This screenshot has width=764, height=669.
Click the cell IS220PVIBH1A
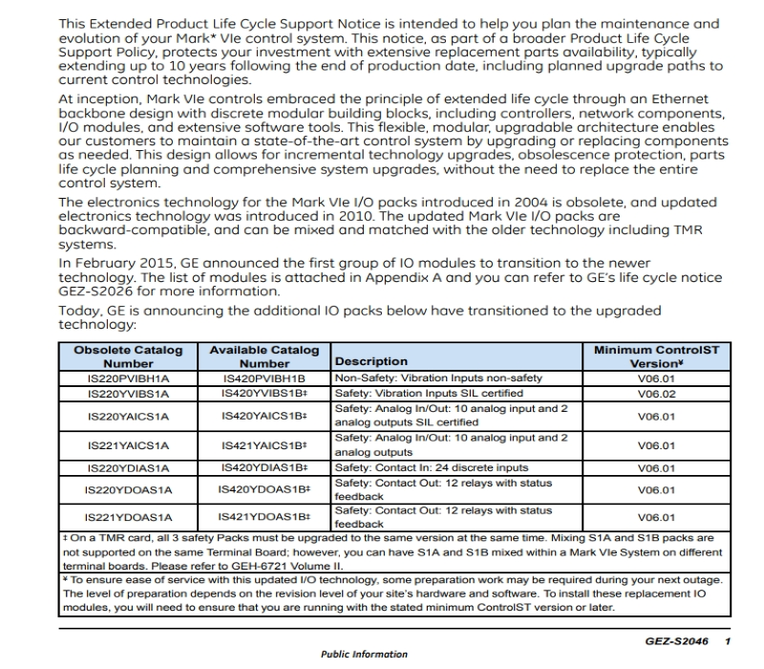coord(129,378)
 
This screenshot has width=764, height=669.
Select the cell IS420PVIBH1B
coord(264,378)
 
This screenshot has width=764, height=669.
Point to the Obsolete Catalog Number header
coord(129,356)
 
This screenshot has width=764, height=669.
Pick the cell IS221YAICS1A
coord(129,445)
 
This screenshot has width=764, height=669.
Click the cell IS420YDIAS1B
coord(264,468)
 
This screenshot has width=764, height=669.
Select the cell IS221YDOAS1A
coord(129,517)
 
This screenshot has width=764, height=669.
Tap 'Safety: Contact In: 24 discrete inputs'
coord(433,468)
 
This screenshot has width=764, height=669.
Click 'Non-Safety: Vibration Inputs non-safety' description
coord(437,378)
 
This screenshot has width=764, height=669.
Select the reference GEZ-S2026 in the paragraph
coord(98,292)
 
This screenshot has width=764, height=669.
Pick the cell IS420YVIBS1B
coord(264,392)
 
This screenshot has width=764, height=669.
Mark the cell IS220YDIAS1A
coord(129,468)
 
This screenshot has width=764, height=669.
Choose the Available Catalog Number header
coord(264,356)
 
